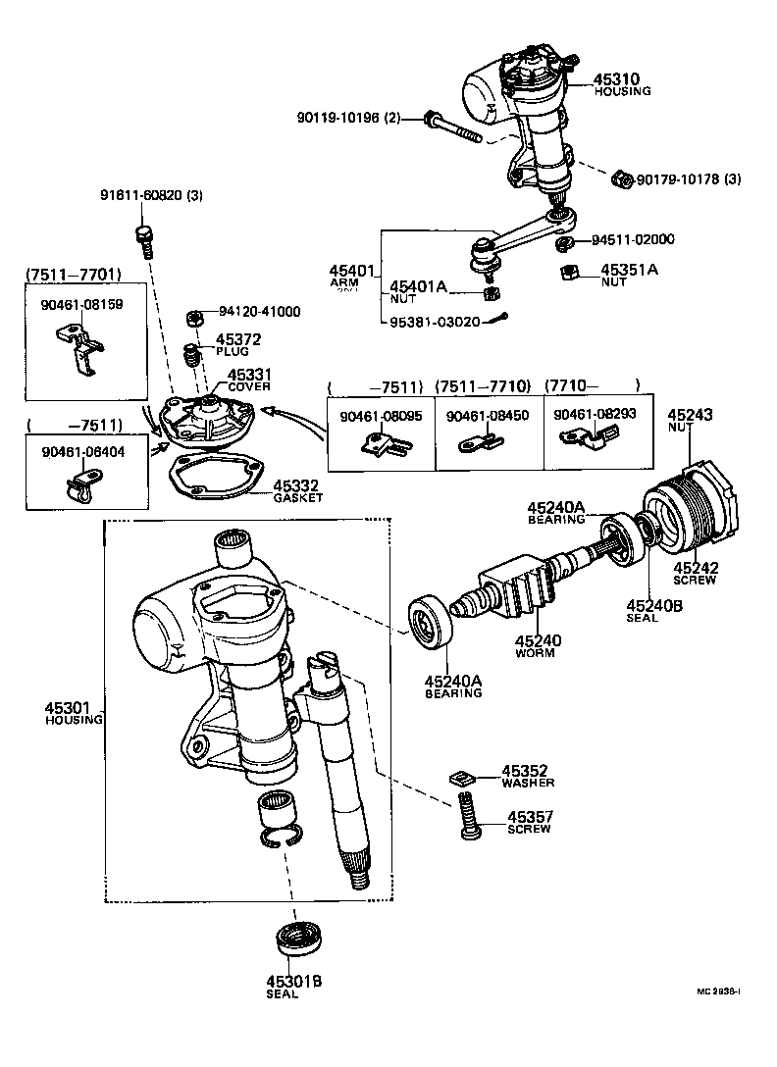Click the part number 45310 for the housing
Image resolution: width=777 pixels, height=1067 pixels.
616,78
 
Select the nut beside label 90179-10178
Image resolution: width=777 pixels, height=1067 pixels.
620,178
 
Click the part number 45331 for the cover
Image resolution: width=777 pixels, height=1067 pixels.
249,375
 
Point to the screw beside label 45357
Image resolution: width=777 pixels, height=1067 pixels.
468,816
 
